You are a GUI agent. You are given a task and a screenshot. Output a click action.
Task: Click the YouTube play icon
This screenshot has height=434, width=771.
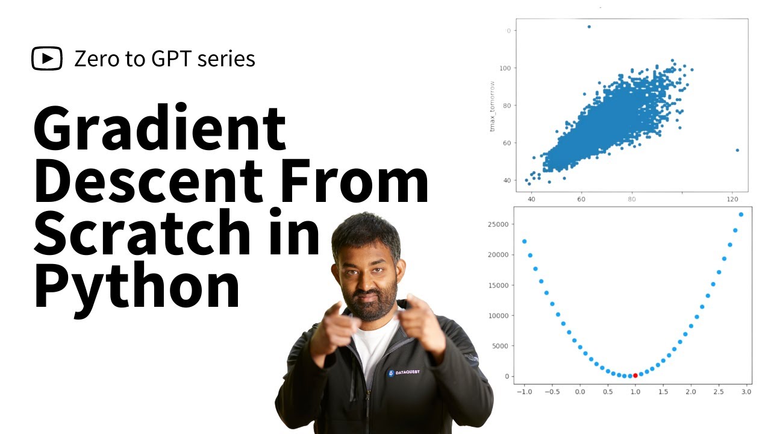(47, 58)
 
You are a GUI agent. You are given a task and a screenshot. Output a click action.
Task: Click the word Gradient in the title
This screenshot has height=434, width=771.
(159, 129)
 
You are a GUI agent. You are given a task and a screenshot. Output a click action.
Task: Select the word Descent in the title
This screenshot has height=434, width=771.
(148, 180)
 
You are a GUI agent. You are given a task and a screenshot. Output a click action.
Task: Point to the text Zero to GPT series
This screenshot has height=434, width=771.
(164, 58)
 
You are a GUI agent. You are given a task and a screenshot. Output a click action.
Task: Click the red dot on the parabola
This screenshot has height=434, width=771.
(635, 376)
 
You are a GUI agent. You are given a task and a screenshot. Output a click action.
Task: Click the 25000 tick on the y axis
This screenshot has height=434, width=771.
(499, 224)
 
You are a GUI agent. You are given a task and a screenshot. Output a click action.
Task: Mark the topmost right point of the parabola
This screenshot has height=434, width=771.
(741, 215)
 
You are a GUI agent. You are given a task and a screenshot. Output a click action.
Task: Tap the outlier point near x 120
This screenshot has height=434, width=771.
(737, 150)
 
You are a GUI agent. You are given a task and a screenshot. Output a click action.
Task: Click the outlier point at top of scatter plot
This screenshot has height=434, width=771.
(588, 27)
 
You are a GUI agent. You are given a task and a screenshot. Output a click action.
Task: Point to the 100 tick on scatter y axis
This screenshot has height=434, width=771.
(504, 68)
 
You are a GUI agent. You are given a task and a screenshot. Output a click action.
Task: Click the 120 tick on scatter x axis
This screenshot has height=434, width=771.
(732, 198)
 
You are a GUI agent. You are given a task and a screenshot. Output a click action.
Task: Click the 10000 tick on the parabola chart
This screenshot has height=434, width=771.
(499, 315)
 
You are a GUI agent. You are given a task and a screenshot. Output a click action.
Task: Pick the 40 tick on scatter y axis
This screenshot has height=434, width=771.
(507, 181)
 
